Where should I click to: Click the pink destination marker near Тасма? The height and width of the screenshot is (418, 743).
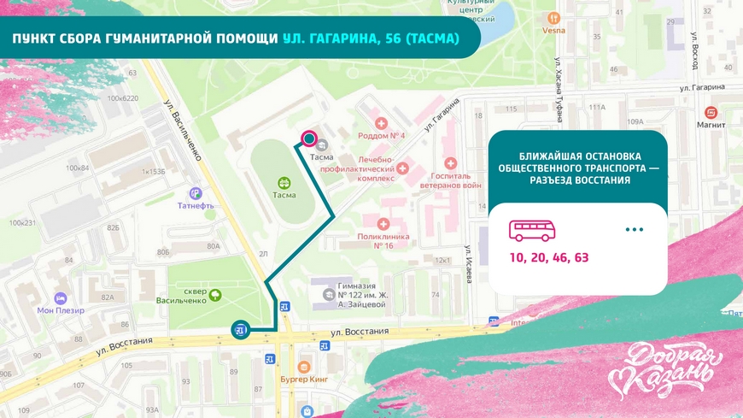click(x=308, y=138)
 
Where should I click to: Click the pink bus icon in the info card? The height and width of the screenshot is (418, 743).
click(x=532, y=230)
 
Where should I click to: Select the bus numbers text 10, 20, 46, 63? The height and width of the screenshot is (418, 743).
click(x=549, y=256)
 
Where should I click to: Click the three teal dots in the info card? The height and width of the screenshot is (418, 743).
click(x=634, y=230)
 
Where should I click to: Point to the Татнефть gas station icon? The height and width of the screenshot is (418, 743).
click(x=196, y=193)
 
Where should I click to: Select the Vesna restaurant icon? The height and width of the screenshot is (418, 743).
click(x=553, y=17)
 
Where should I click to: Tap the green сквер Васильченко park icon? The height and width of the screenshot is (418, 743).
click(x=215, y=295)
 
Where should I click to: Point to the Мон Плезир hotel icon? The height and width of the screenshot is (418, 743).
click(x=60, y=297)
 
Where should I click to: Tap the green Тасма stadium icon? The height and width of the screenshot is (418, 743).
click(x=284, y=181)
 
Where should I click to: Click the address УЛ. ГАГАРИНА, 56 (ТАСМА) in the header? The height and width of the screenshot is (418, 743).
click(x=371, y=39)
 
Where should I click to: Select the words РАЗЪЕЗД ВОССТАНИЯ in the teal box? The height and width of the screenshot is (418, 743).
click(x=579, y=180)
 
